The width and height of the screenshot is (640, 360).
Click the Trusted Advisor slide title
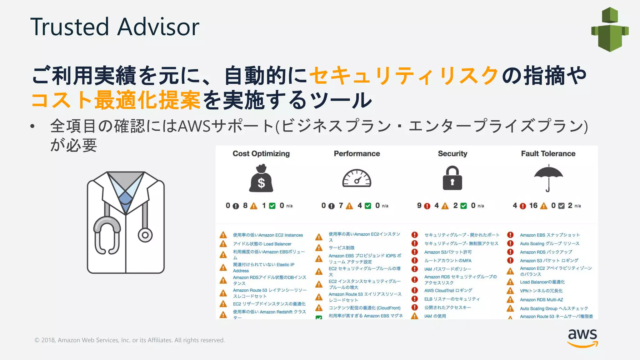coord(115,27)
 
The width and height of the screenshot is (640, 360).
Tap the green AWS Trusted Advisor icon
coord(610,29)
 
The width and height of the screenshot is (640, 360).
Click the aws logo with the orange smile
coord(582,338)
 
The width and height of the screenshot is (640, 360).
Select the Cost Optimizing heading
coord(261,153)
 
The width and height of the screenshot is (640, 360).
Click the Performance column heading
coord(357,153)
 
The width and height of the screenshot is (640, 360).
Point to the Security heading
coord(452,153)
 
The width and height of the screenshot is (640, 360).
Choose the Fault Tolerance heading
coord(548,153)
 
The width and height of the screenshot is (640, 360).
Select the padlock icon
coord(452,178)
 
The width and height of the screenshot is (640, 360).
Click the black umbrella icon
coord(548,177)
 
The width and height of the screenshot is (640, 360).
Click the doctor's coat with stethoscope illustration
coord(126,222)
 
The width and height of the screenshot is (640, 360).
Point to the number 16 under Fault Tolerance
coord(533,205)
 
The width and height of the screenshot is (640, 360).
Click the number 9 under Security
coord(419,205)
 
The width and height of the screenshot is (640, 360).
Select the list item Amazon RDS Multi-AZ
coord(541,300)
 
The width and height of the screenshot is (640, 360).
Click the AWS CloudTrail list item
coord(448,291)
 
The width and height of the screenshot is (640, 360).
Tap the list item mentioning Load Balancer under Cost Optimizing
coord(262,244)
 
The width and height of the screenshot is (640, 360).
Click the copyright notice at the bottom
coord(130,340)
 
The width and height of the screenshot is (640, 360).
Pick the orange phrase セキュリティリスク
coord(404,76)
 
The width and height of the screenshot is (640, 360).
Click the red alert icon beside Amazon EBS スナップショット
coord(510,235)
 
